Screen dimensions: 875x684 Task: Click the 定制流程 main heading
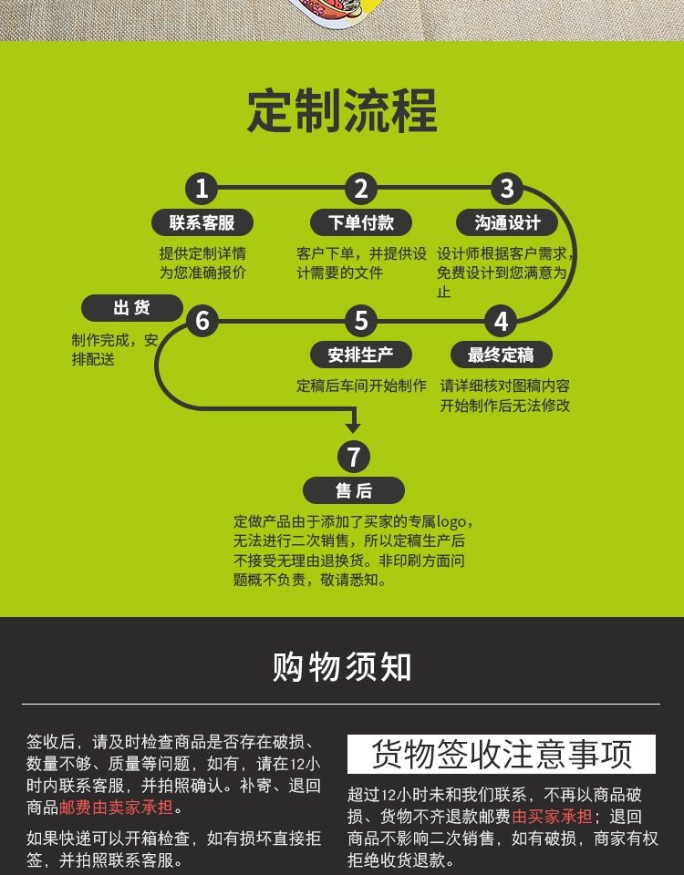tap(342, 110)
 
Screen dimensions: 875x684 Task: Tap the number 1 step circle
tap(202, 189)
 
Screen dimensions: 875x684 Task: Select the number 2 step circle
tap(361, 189)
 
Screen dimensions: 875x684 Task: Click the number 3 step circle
tap(507, 189)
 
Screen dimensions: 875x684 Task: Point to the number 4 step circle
tap(501, 321)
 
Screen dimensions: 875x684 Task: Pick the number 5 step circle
tap(361, 321)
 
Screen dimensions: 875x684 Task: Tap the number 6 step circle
tap(202, 321)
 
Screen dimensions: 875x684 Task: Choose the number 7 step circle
tap(354, 457)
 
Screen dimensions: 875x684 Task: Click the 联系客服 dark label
tap(202, 222)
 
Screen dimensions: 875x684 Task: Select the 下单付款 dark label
tap(361, 222)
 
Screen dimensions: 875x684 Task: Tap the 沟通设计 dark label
tap(508, 222)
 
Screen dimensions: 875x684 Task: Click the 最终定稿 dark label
tap(501, 355)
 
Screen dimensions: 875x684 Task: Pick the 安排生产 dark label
tap(360, 355)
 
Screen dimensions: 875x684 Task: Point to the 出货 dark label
tap(131, 308)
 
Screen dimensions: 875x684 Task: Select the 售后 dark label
tap(354, 490)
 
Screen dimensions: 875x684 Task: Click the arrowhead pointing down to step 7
tap(354, 425)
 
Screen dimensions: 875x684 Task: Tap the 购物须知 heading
tap(342, 666)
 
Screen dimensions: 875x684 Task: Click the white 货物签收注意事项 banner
tap(501, 755)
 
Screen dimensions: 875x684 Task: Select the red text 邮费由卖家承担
tap(116, 808)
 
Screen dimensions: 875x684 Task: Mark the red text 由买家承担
tap(552, 817)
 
